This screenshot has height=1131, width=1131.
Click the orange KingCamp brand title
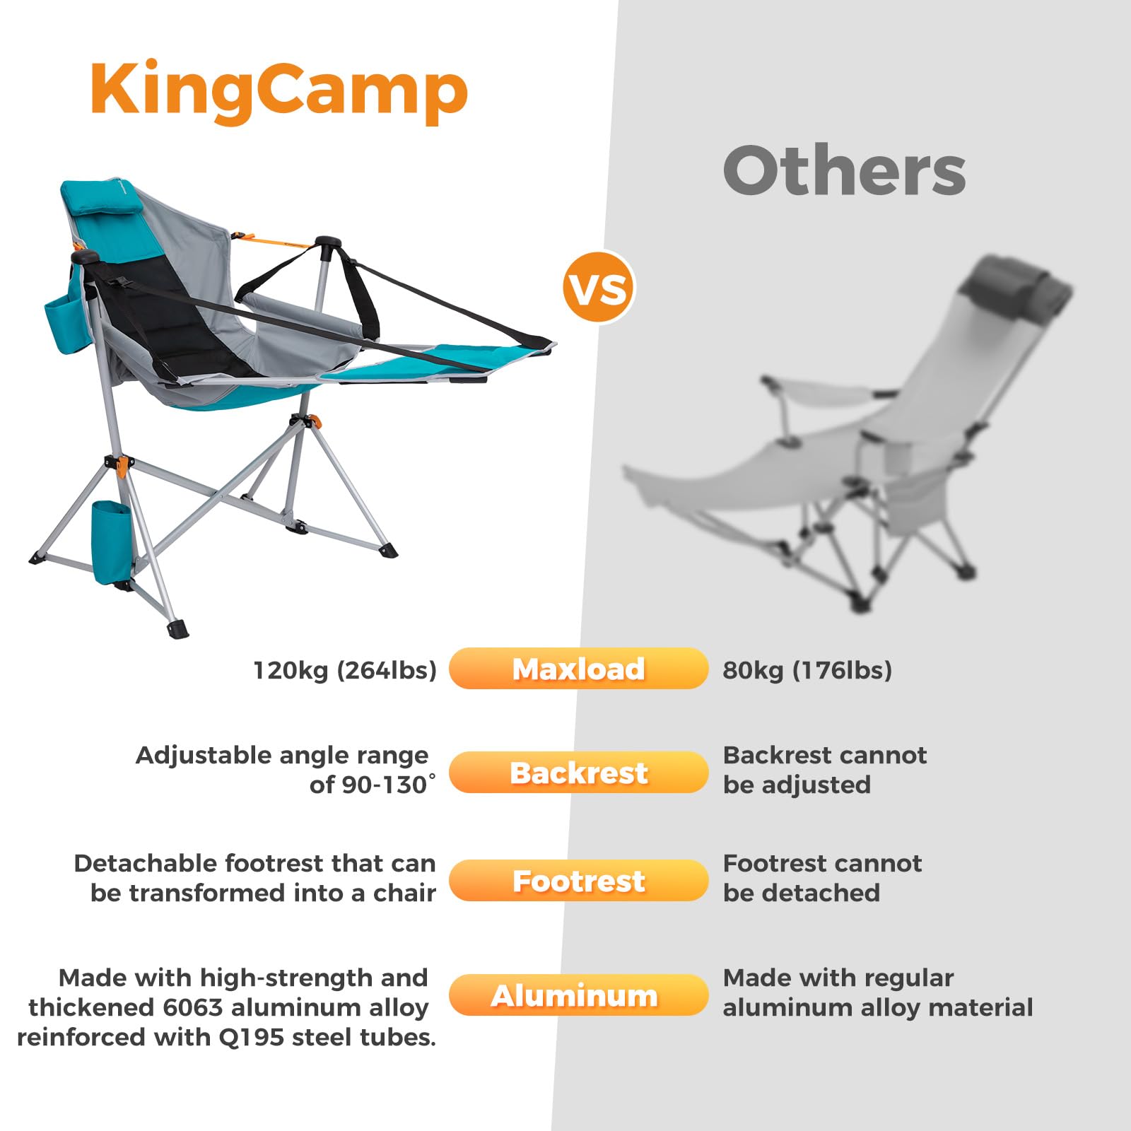pos(279,92)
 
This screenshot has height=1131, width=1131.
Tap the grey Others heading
pos(844,171)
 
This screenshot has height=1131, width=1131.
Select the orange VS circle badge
pos(598,288)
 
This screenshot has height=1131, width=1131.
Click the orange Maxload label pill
pos(578,669)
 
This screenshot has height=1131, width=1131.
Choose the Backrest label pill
pos(578,773)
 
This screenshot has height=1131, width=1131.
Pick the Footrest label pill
pos(578,881)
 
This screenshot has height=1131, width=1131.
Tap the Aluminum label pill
pos(578,995)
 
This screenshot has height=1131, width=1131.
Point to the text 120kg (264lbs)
pos(345,670)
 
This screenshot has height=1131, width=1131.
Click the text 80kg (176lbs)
pos(807,670)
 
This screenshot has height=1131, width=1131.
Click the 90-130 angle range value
pos(385,785)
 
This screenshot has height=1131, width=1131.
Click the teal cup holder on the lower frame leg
pos(111,541)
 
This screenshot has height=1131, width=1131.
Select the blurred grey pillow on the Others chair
pos(1018,290)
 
